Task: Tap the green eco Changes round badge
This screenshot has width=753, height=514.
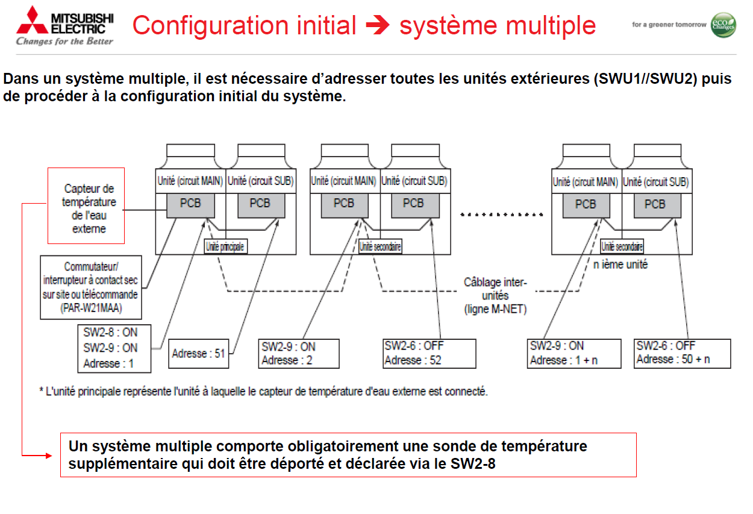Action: (x=723, y=25)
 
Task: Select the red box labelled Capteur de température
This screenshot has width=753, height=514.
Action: (x=86, y=205)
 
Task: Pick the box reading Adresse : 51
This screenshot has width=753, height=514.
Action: (x=198, y=354)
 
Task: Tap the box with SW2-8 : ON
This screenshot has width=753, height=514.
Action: (x=114, y=348)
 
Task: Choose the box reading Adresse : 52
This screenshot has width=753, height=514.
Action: (x=430, y=353)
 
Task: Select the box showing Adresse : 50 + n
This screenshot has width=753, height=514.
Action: (x=682, y=353)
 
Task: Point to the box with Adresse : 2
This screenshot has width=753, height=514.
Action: (x=298, y=354)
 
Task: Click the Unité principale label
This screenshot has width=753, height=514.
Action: (x=226, y=246)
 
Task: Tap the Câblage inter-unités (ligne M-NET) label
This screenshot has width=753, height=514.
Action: (x=495, y=295)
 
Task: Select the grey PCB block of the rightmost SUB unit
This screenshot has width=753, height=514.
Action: (x=657, y=205)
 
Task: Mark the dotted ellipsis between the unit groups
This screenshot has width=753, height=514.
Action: (x=501, y=213)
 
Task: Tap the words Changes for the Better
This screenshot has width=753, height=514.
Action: (x=64, y=41)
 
